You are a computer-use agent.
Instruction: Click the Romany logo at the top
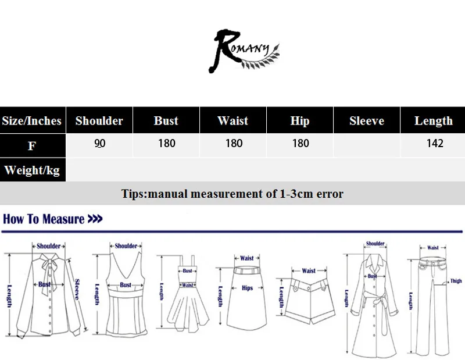[x=245, y=52]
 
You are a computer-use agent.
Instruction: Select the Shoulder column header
[x=99, y=121]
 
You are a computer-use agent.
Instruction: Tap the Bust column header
[x=166, y=121]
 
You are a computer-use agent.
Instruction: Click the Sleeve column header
[x=367, y=121]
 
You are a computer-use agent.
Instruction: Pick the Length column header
[x=433, y=121]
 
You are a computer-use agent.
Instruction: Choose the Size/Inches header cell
[x=32, y=121]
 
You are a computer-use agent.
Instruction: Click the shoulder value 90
[x=99, y=143]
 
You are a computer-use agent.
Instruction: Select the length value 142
[x=434, y=143]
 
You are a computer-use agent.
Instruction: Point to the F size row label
[x=32, y=145]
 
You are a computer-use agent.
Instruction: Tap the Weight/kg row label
[x=32, y=170]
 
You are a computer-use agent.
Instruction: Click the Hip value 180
[x=301, y=143]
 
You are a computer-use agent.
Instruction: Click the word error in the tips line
[x=329, y=194]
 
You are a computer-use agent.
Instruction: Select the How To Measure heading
[x=44, y=219]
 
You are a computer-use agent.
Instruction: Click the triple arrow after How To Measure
[x=95, y=219]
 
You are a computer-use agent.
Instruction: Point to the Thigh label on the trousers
[x=456, y=281]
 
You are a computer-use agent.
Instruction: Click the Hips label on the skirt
[x=247, y=288]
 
